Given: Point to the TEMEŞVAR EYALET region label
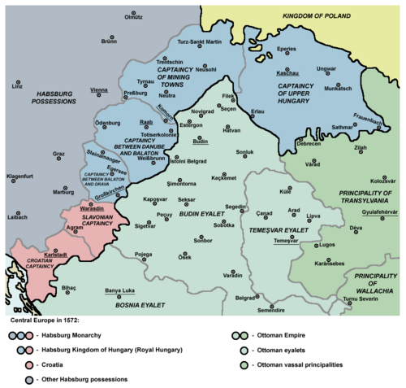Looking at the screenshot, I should (278, 232).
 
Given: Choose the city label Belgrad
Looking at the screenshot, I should (246, 298).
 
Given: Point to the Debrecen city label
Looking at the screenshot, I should (309, 143).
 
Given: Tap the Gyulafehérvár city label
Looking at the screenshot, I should (379, 210).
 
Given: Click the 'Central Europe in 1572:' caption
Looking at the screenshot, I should (44, 321).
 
